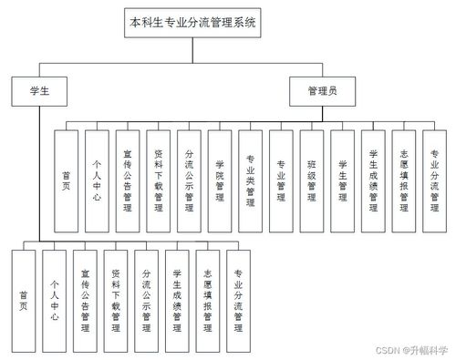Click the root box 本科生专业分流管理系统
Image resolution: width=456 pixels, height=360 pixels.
(x=193, y=23)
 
